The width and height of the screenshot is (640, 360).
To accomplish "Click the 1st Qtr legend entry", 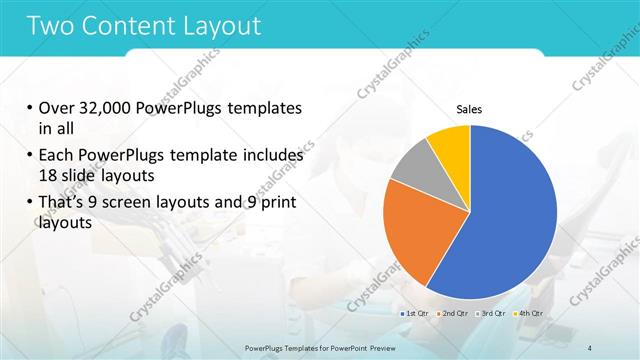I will pyautogui.click(x=417, y=314).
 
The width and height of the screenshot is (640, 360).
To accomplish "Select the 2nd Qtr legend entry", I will pyautogui.click(x=455, y=314).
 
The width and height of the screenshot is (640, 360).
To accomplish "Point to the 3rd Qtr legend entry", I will pyautogui.click(x=492, y=314).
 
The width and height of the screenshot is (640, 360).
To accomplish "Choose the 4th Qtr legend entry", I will pyautogui.click(x=529, y=314).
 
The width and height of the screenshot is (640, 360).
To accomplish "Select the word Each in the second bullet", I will pyautogui.click(x=56, y=156).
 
